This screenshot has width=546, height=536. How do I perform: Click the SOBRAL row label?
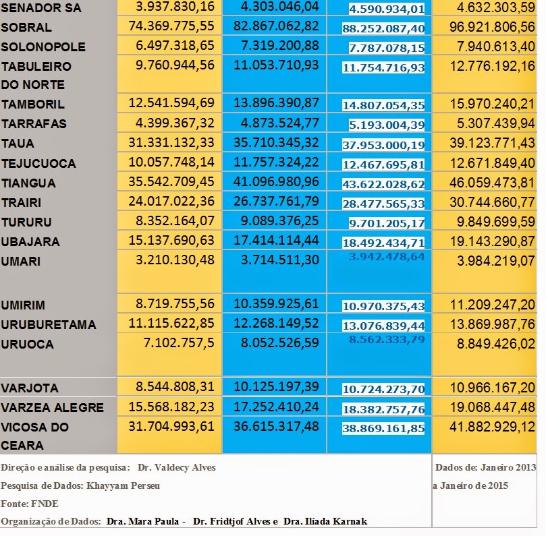tap(26, 27)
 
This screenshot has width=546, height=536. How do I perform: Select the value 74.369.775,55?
tap(171, 26)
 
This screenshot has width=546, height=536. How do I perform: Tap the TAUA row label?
tap(18, 144)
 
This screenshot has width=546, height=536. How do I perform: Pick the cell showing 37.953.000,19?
tap(383, 145)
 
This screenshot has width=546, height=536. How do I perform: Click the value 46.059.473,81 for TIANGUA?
tap(492, 183)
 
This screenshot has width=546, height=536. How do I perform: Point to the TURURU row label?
tap(26, 222)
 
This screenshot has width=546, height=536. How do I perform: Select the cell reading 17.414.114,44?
tap(276, 240)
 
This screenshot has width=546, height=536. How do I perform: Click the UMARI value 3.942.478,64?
tap(387, 257)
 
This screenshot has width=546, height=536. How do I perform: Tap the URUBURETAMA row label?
tap(49, 324)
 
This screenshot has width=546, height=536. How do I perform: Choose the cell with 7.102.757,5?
tap(179, 343)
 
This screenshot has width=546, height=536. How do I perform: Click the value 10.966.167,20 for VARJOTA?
tap(493, 388)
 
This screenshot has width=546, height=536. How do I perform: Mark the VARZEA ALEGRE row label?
tap(52, 407)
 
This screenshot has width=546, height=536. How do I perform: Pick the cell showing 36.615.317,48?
tap(276, 426)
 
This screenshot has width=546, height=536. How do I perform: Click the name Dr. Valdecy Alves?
tap(177, 467)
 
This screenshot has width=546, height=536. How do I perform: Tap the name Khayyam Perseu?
tap(123, 485)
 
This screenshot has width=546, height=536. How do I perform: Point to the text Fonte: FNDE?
tap(30, 504)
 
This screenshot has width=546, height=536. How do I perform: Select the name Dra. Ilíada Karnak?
tap(325, 521)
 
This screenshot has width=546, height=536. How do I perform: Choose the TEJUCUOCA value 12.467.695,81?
tap(383, 165)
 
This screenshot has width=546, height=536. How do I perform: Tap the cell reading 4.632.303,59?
tap(496, 7)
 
